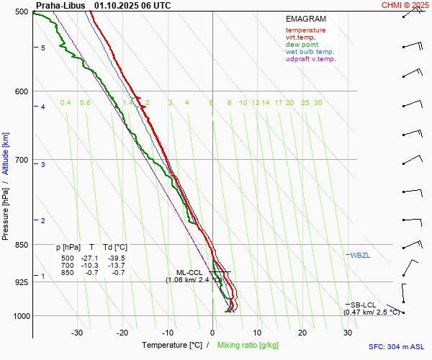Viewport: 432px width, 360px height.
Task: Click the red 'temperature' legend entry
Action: coord(305,30)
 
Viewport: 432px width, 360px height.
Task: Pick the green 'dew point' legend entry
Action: coord(301,45)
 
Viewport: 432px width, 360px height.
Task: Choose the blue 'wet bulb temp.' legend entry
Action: coord(310,52)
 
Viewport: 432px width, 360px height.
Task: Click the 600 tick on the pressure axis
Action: coord(20,91)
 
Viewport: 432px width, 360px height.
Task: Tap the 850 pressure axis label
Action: coord(20,246)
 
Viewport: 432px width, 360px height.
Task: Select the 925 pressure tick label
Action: coord(20,282)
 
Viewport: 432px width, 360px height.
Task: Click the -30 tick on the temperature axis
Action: coord(77,333)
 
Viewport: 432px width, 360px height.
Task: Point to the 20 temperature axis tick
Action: coord(302,333)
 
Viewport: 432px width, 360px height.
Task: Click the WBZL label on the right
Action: coord(360,256)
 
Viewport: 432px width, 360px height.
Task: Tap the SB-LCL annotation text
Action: coord(364,305)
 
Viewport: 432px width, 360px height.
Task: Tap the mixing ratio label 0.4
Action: coord(66,103)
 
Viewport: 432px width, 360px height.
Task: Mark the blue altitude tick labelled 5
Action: coord(43,48)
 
